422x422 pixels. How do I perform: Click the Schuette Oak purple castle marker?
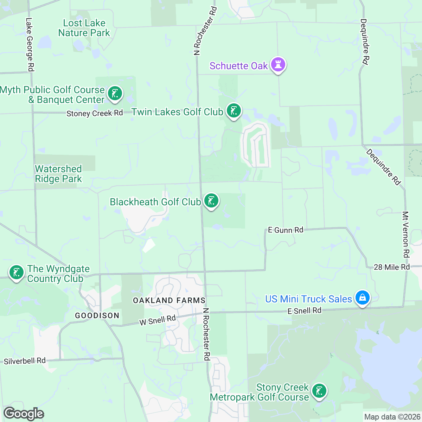tap(278, 65)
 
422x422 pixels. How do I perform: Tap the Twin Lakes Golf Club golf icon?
tap(234, 111)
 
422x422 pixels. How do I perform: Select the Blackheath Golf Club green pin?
tap(211, 201)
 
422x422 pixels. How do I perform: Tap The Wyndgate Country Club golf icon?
tap(16, 273)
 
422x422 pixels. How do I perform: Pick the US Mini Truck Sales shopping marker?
tap(362, 298)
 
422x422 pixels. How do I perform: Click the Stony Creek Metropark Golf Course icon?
tap(319, 391)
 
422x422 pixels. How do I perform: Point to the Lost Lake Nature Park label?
tap(84, 28)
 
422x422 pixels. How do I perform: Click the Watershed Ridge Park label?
tap(58, 174)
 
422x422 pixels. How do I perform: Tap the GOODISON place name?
tap(97, 315)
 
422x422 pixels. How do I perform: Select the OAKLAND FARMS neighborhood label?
tap(169, 300)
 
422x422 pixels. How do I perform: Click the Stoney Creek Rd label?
tap(95, 113)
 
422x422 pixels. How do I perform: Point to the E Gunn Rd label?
tap(286, 230)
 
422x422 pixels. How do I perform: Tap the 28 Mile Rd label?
tap(392, 267)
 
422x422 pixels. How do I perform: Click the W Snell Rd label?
tap(157, 320)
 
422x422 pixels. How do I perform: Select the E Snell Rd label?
tap(304, 311)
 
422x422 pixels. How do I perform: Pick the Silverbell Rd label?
tap(25, 361)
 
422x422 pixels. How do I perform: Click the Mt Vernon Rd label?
tap(406, 234)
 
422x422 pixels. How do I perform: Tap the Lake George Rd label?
tap(30, 45)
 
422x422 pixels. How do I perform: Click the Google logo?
tap(24, 414)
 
